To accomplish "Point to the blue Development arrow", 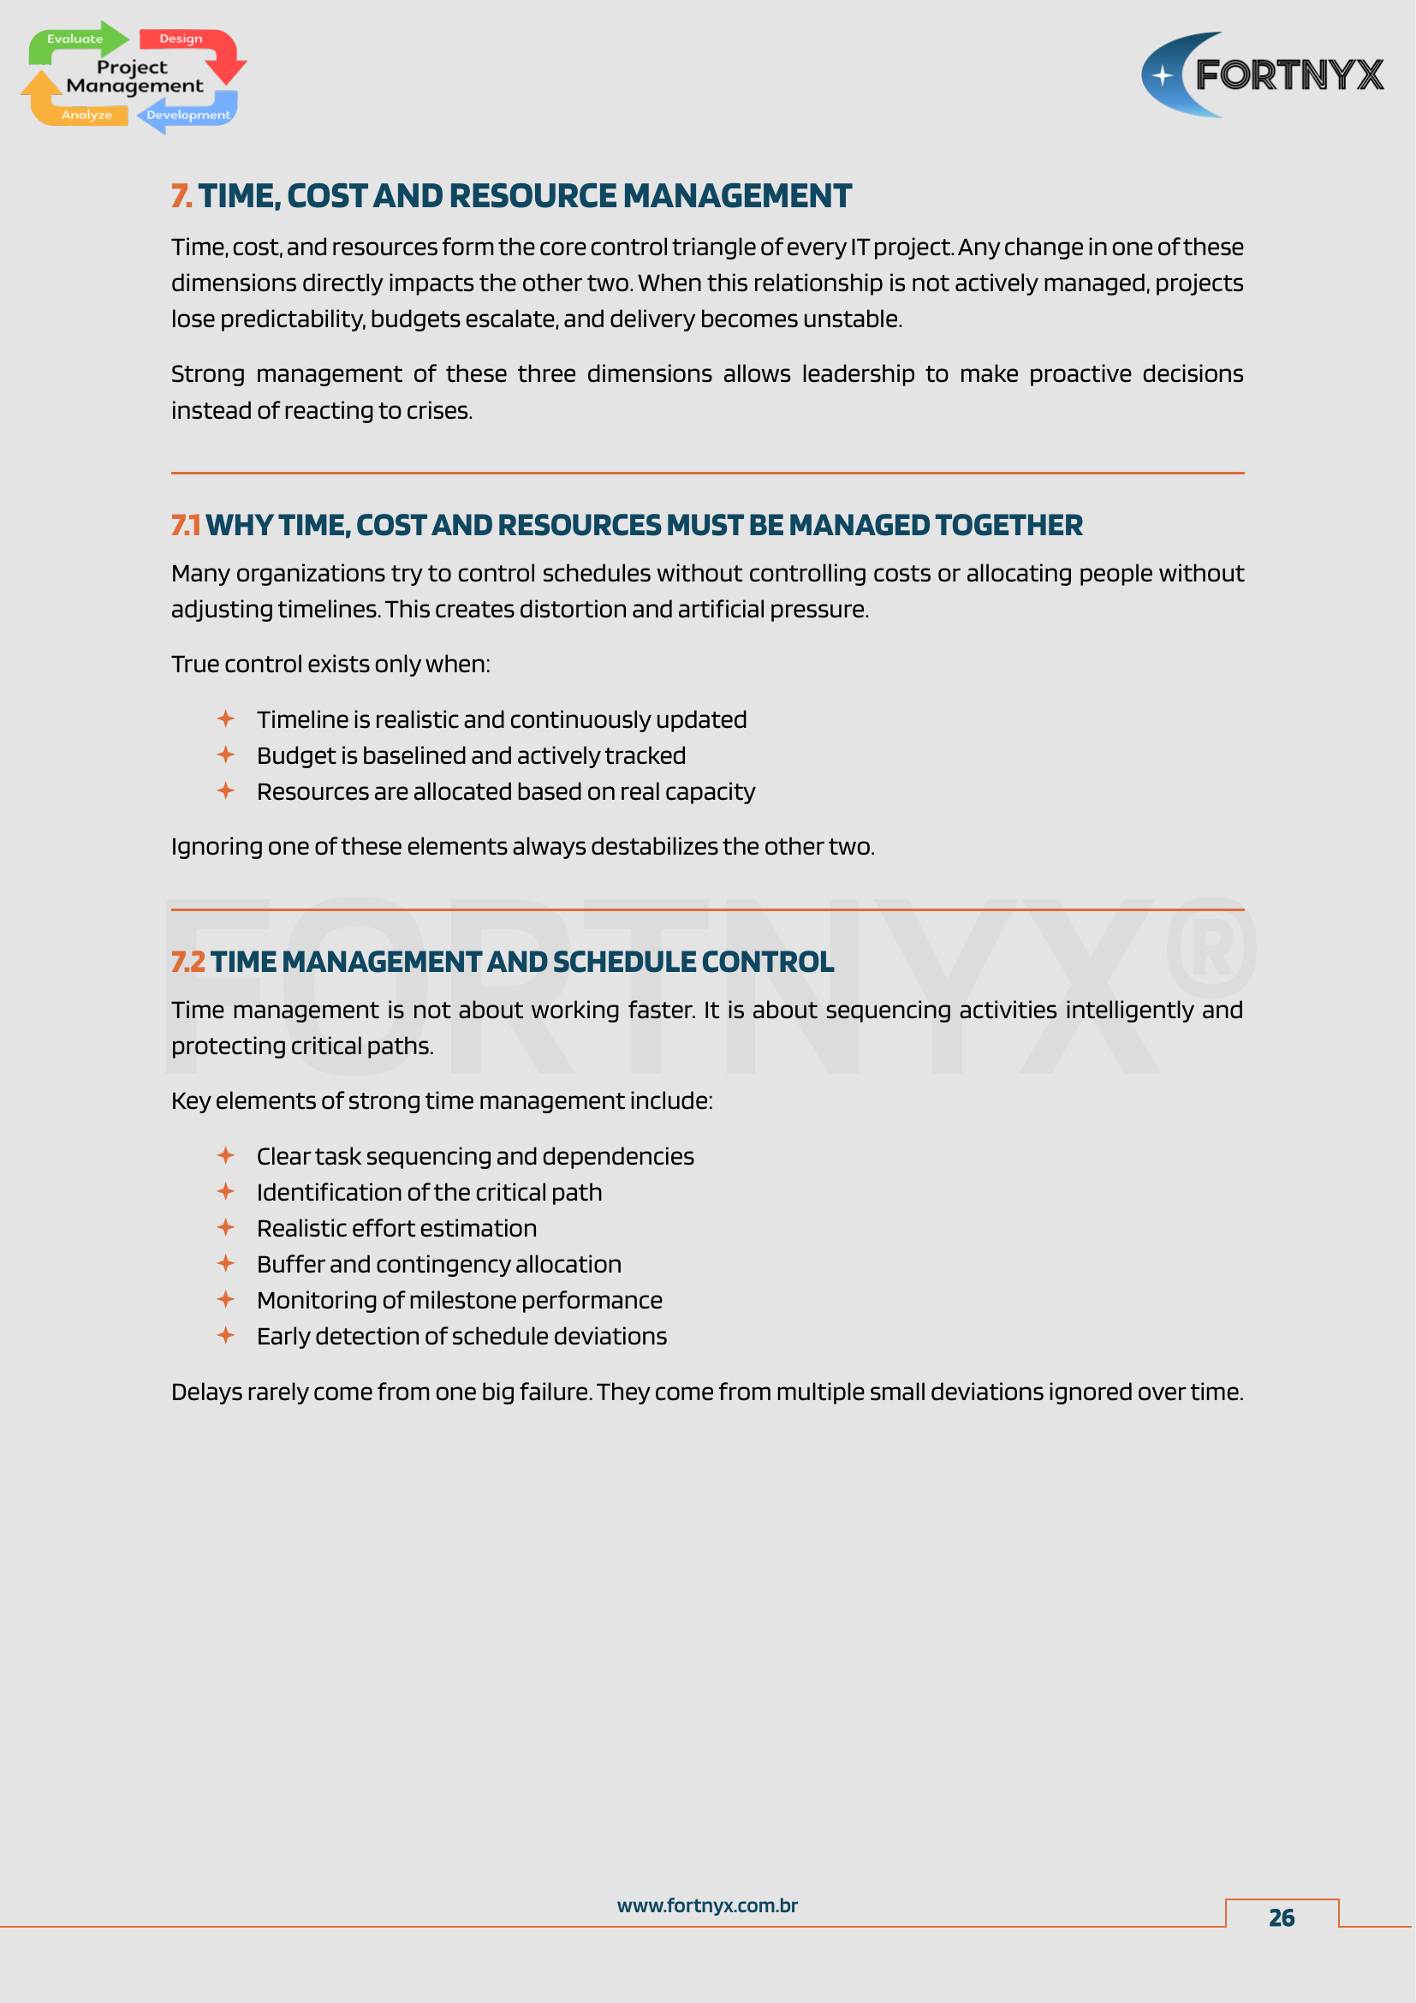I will coord(187,115).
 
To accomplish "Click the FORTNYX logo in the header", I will coord(1263,75).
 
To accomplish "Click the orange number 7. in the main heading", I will coord(181,196).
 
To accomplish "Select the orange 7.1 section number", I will coord(186,525).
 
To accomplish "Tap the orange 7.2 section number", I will coord(187,962).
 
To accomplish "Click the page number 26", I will coord(1281,1917).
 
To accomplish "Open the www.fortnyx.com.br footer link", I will coord(707,1905).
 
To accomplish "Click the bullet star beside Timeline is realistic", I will coord(226,718).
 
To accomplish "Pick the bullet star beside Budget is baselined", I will coord(226,754).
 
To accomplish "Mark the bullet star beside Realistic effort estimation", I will coord(226,1227).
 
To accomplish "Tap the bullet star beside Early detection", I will coord(226,1336).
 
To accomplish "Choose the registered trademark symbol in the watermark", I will coord(1211,946).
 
